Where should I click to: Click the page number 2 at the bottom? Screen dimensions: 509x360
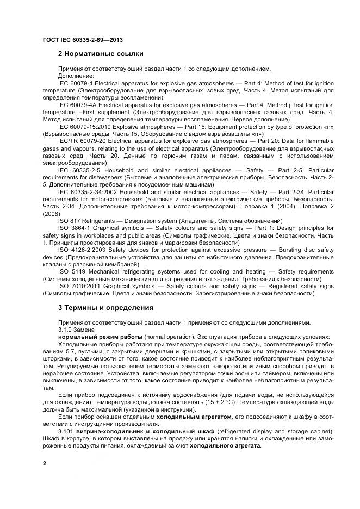45,463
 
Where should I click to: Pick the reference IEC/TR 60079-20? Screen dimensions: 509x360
83,141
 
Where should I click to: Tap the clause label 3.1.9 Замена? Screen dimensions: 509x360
76,330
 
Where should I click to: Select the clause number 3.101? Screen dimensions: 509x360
66,431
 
